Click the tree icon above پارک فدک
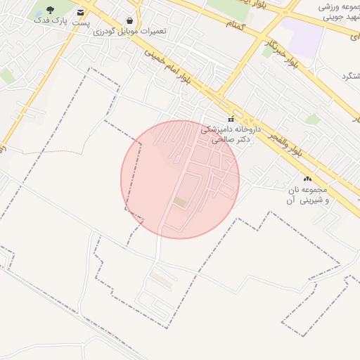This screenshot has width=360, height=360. tap(50, 10)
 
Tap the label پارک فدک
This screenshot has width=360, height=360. tap(50, 21)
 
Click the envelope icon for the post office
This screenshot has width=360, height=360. tap(81, 12)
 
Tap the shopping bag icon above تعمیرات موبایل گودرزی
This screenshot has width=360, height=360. tap(130, 20)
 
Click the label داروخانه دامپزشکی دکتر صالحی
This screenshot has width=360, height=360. tap(231, 134)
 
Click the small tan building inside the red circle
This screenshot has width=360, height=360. tap(181, 202)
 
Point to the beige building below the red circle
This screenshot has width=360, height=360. tap(162, 281)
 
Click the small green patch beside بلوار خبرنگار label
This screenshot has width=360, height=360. tap(268, 51)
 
